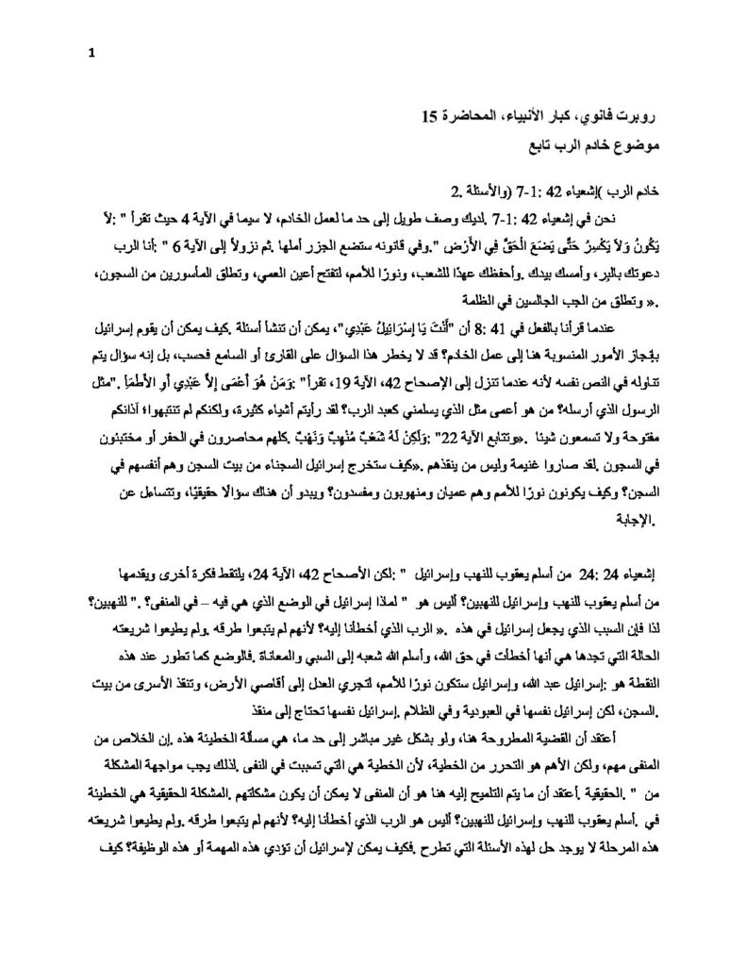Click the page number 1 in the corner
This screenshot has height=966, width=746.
point(91,52)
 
